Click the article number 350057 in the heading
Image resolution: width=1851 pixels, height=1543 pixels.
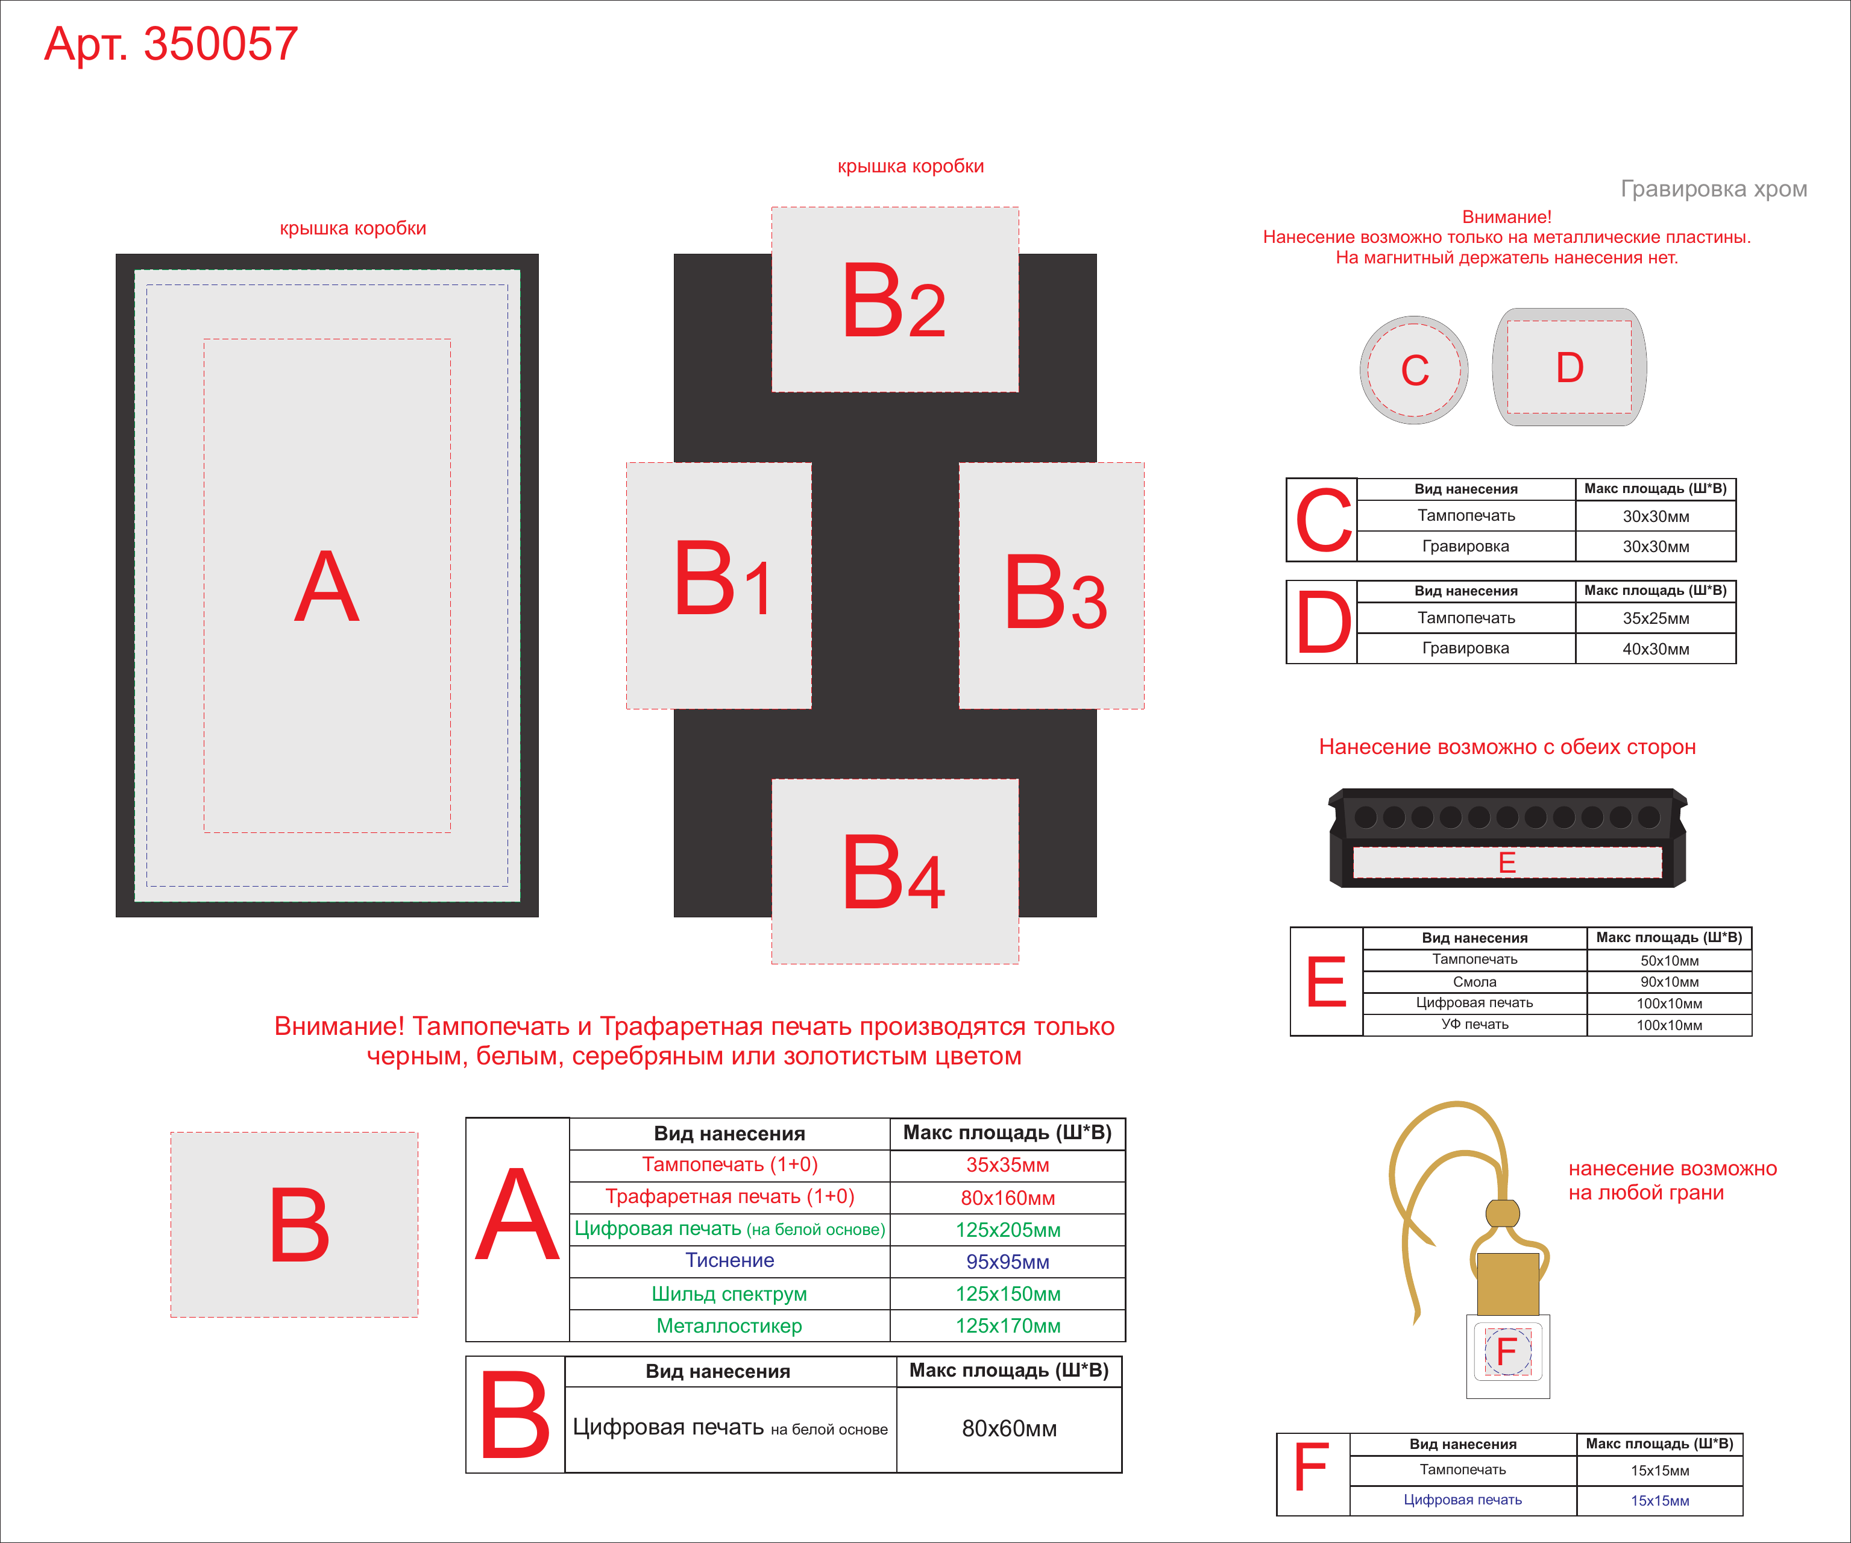[x=221, y=44]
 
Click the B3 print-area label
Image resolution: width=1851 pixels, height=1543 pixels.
[x=1054, y=592]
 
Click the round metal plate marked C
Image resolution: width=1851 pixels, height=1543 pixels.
[x=1414, y=370]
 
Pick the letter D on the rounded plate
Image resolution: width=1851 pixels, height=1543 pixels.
[x=1570, y=368]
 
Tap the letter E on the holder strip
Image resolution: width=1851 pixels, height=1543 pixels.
[x=1507, y=863]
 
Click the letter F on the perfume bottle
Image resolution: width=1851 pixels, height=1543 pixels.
[x=1506, y=1351]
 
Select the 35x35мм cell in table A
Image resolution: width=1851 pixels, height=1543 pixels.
[x=1008, y=1165]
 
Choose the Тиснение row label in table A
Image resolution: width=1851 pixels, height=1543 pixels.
[x=730, y=1260]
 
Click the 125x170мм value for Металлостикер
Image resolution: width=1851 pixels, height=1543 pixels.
[x=1008, y=1325]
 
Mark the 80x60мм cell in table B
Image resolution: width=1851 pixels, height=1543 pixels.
[x=1009, y=1428]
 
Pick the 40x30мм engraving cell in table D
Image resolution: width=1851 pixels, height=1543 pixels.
[x=1655, y=649]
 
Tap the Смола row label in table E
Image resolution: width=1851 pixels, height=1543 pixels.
[x=1475, y=982]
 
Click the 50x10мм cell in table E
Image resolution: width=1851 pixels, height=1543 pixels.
[x=1670, y=961]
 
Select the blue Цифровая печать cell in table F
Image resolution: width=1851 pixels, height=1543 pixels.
[x=1462, y=1500]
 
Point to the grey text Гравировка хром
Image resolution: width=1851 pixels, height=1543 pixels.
[x=1714, y=189]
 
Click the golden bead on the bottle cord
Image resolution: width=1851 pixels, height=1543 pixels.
[x=1503, y=1213]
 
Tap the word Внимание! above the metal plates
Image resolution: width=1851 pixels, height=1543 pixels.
[x=1506, y=217]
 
